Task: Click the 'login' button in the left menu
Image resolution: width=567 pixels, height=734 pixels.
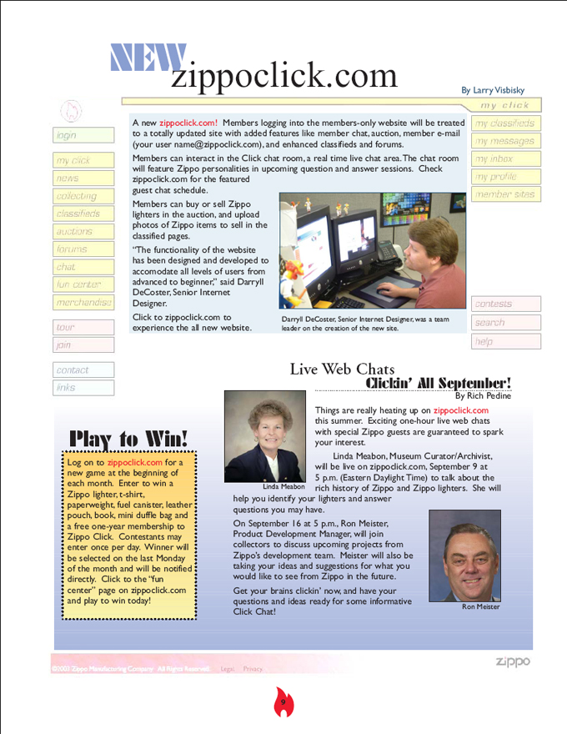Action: pyautogui.click(x=83, y=135)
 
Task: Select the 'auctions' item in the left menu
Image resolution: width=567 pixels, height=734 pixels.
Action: pyautogui.click(x=83, y=231)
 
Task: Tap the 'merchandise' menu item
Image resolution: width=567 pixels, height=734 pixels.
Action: pyautogui.click(x=83, y=303)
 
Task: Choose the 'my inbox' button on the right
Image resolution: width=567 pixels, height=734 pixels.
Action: pyautogui.click(x=505, y=158)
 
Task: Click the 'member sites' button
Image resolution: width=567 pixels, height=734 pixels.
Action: pyautogui.click(x=505, y=194)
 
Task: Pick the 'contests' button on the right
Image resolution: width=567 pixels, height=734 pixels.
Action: pyautogui.click(x=505, y=304)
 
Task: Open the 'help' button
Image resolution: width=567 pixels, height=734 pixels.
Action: pyautogui.click(x=505, y=341)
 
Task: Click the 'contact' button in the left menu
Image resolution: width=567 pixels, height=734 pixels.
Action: pyautogui.click(x=83, y=370)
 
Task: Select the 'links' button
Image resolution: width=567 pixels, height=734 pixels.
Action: pyautogui.click(x=83, y=387)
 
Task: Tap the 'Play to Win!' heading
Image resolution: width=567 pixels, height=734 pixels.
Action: pyautogui.click(x=129, y=439)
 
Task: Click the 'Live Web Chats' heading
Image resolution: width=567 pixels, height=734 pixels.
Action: pyautogui.click(x=342, y=369)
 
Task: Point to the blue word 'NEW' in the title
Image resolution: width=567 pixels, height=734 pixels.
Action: pyautogui.click(x=148, y=58)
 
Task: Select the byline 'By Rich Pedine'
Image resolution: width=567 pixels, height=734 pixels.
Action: pyautogui.click(x=483, y=396)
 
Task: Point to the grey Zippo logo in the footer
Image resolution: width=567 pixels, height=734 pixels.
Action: pyautogui.click(x=512, y=662)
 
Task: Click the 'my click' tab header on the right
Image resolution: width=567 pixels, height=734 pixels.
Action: pyautogui.click(x=504, y=106)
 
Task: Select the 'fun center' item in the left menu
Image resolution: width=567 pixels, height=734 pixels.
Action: pyautogui.click(x=83, y=284)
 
